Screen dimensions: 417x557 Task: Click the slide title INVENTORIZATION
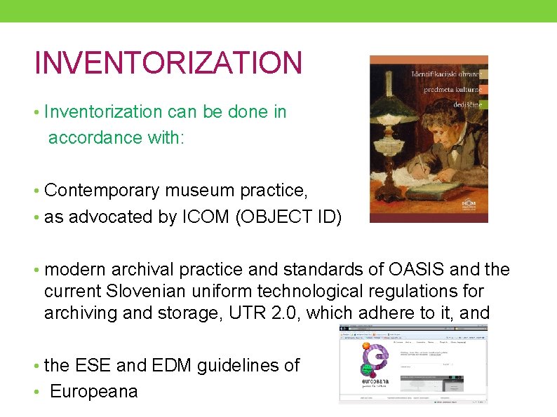168,62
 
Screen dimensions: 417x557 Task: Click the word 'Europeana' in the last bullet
93,391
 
